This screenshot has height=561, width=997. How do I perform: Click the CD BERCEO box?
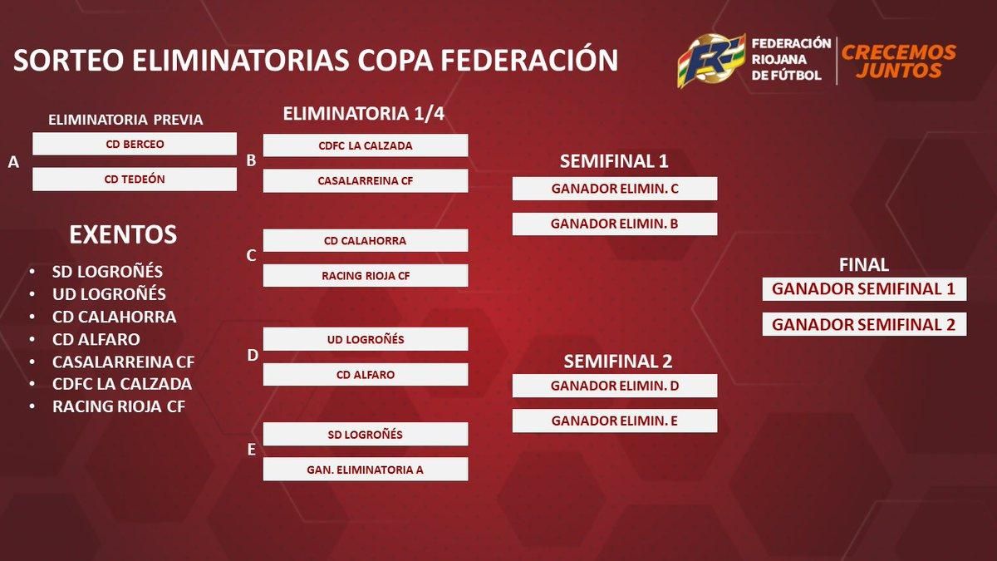tap(135, 144)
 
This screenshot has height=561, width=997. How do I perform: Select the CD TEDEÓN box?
tap(135, 179)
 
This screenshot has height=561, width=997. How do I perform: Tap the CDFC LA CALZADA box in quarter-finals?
tap(366, 145)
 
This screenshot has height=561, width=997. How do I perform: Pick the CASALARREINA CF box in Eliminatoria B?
tap(366, 181)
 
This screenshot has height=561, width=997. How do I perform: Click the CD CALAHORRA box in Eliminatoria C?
tap(366, 240)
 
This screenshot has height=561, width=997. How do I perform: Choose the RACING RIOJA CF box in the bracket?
tap(366, 276)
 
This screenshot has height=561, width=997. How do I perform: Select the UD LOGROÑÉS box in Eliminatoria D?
tap(366, 339)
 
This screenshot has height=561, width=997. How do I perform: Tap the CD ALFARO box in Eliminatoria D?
tap(366, 375)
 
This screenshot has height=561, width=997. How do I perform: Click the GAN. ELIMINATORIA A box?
tap(366, 470)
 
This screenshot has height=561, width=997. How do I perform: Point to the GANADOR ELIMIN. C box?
tap(615, 189)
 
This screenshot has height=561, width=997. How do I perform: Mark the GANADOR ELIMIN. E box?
tap(615, 421)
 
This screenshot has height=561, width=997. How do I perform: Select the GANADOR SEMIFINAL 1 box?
tap(864, 289)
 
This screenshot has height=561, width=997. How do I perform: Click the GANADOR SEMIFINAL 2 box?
tap(864, 325)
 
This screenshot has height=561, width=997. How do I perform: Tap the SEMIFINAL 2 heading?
tap(618, 361)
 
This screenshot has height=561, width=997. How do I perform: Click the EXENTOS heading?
tap(123, 234)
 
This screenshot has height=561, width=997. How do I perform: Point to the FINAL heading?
tap(864, 265)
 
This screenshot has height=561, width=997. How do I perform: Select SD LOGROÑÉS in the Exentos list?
tap(107, 272)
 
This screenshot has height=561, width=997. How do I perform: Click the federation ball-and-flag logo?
tap(711, 61)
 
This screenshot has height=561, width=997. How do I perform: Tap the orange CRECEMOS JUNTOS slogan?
tap(899, 62)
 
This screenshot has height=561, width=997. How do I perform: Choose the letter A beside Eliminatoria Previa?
tap(13, 162)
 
